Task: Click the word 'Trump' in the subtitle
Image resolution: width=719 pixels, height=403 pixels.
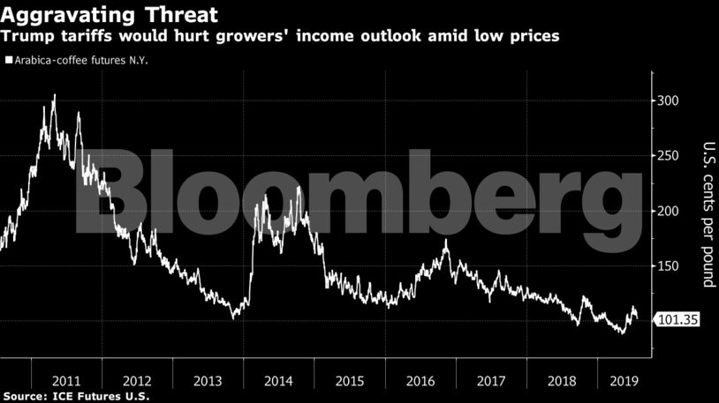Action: click(26, 36)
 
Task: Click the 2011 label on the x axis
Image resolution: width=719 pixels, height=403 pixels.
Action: click(68, 381)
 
